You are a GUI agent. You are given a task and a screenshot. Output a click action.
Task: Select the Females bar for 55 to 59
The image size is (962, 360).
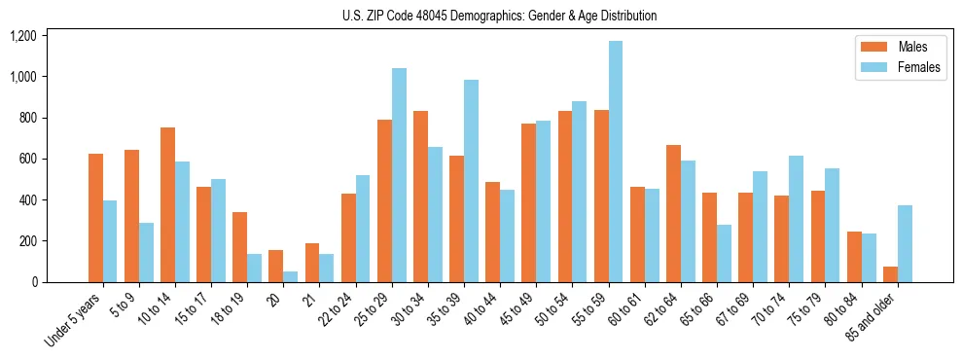click(616, 162)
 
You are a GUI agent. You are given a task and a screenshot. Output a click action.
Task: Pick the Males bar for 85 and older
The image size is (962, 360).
click(890, 274)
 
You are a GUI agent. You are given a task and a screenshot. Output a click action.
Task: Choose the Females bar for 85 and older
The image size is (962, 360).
click(905, 243)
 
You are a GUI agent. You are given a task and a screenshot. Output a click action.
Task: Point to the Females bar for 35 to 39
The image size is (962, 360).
click(471, 181)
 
